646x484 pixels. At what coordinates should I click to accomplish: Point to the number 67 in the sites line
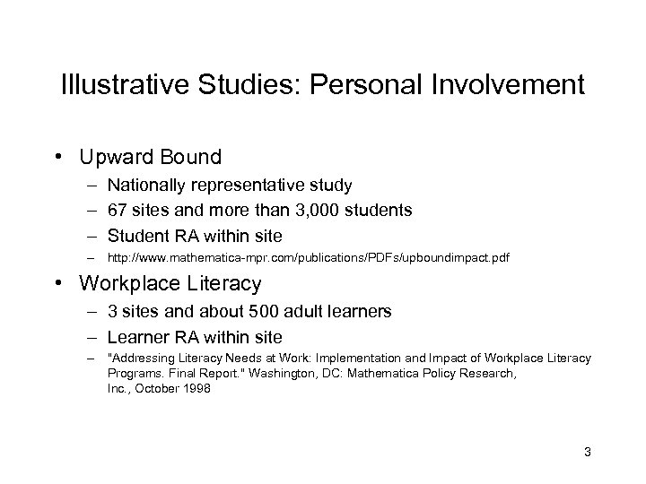[118, 211]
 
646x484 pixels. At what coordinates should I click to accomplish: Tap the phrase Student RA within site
[194, 235]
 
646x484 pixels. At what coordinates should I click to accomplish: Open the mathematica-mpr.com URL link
[308, 258]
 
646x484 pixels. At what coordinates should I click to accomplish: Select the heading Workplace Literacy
[170, 284]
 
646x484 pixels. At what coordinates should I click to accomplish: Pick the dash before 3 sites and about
[92, 313]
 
